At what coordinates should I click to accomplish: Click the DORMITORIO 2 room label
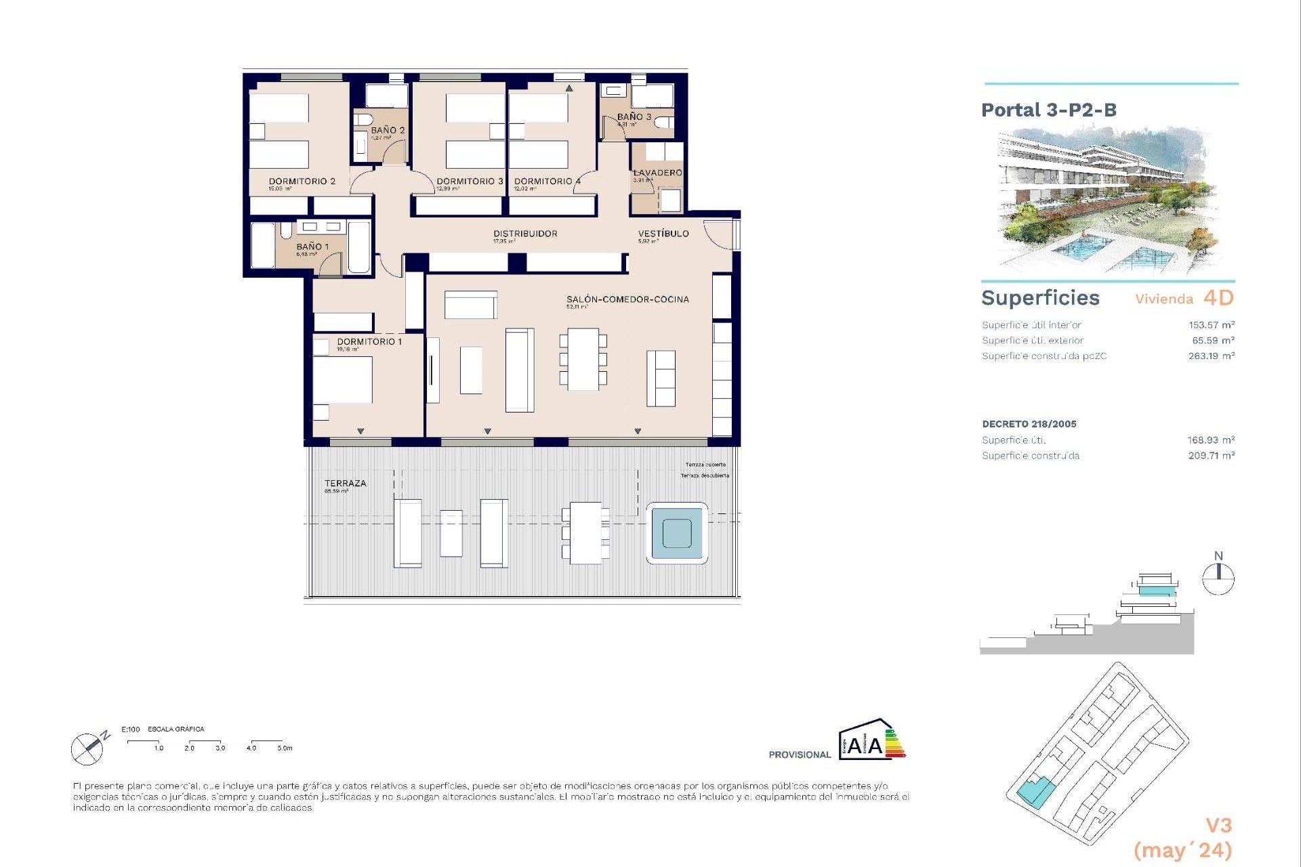[302, 182]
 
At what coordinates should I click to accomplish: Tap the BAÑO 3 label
[634, 117]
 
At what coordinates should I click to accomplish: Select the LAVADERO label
[657, 173]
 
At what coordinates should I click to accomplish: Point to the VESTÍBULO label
[663, 234]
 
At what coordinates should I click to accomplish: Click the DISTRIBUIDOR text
[525, 234]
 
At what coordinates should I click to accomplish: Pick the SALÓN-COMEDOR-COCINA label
[627, 299]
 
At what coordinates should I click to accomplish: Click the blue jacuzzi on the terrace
[676, 533]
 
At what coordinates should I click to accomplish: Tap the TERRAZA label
[345, 484]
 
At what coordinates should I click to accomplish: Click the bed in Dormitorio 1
[342, 379]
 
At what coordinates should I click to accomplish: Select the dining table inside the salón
[583, 359]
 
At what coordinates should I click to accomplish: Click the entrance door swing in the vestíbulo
[718, 234]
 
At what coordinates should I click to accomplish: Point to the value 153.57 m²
[1211, 325]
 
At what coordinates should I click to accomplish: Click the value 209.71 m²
[1211, 456]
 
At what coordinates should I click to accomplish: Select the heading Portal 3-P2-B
[1048, 110]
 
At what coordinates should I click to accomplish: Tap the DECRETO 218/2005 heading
[1029, 424]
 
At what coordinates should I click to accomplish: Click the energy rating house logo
[871, 740]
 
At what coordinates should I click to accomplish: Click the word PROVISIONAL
[799, 755]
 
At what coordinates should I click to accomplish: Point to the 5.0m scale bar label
[285, 748]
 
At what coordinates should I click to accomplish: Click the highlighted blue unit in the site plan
[1035, 791]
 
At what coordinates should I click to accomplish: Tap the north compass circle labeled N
[1218, 579]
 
